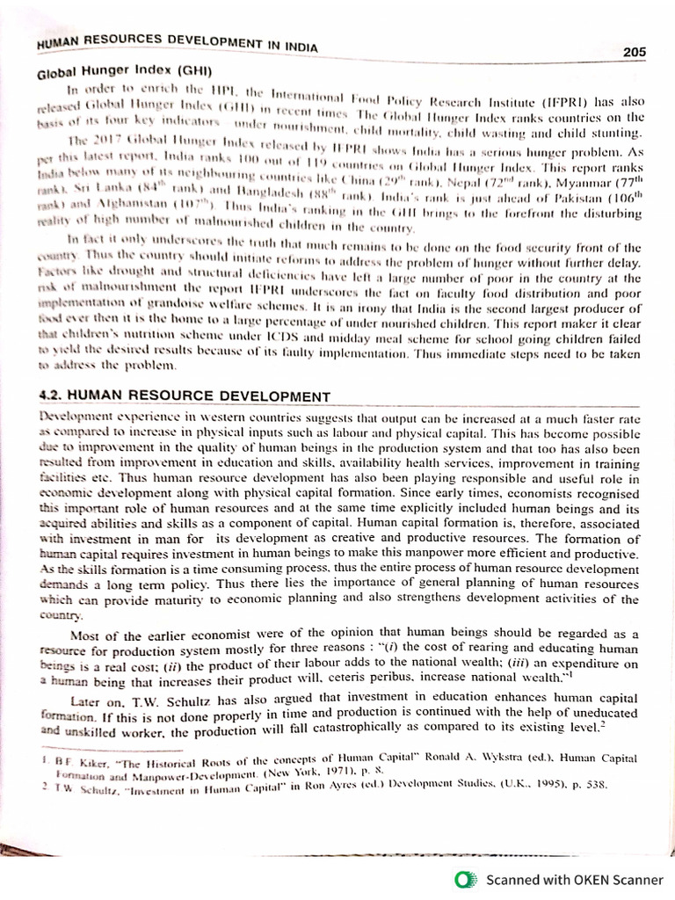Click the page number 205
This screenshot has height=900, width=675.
(x=635, y=52)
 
